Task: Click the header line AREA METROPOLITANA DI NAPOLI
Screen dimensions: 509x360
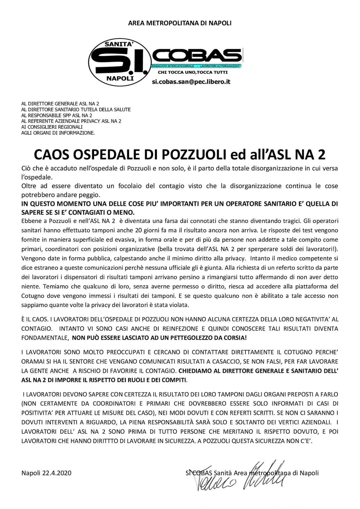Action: pos(180,23)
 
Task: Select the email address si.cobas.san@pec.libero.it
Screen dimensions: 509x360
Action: pos(191,82)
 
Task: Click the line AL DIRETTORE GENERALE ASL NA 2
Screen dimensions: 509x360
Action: pos(60,104)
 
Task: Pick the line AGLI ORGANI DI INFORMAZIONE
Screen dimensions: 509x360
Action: pos(58,133)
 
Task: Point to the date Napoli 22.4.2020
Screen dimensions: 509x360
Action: pos(46,473)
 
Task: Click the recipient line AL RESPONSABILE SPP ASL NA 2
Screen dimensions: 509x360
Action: pos(57,115)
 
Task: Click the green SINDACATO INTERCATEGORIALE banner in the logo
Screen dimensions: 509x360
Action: pos(197,66)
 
